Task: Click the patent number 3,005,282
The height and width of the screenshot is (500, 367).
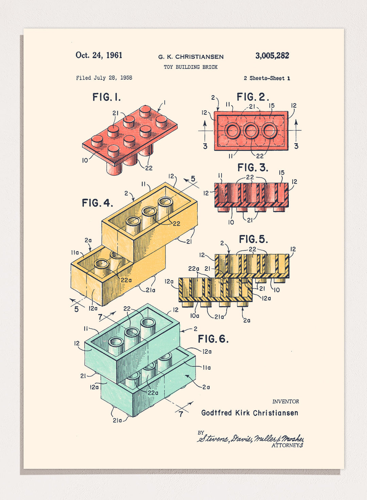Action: tap(272, 56)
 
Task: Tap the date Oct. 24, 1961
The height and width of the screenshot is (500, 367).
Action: tap(99, 55)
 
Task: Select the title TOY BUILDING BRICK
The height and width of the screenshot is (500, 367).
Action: tap(191, 67)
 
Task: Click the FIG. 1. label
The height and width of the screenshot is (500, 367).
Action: tap(106, 97)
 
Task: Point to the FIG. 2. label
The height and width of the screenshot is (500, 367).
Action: tap(253, 97)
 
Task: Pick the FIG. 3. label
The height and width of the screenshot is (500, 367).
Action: tap(253, 168)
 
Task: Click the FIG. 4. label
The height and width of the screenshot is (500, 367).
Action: tap(97, 203)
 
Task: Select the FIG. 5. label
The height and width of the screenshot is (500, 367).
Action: tap(254, 239)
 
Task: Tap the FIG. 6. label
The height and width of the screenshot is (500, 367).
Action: tap(213, 339)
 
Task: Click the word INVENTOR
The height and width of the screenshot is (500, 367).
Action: tap(285, 402)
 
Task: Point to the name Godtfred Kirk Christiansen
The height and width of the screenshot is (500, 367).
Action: tap(250, 413)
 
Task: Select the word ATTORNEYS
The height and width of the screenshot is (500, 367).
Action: tap(287, 445)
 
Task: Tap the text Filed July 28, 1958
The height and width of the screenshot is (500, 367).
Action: tap(104, 78)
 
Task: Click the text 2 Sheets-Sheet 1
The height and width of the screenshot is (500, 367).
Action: tap(267, 78)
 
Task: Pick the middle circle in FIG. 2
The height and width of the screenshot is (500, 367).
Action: tap(251, 131)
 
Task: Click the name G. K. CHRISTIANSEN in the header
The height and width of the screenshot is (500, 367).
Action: tap(191, 57)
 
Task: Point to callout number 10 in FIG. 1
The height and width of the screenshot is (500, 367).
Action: tap(85, 160)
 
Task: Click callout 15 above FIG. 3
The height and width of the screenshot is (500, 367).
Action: tap(281, 173)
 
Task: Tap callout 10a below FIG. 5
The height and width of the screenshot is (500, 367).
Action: tap(195, 316)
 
